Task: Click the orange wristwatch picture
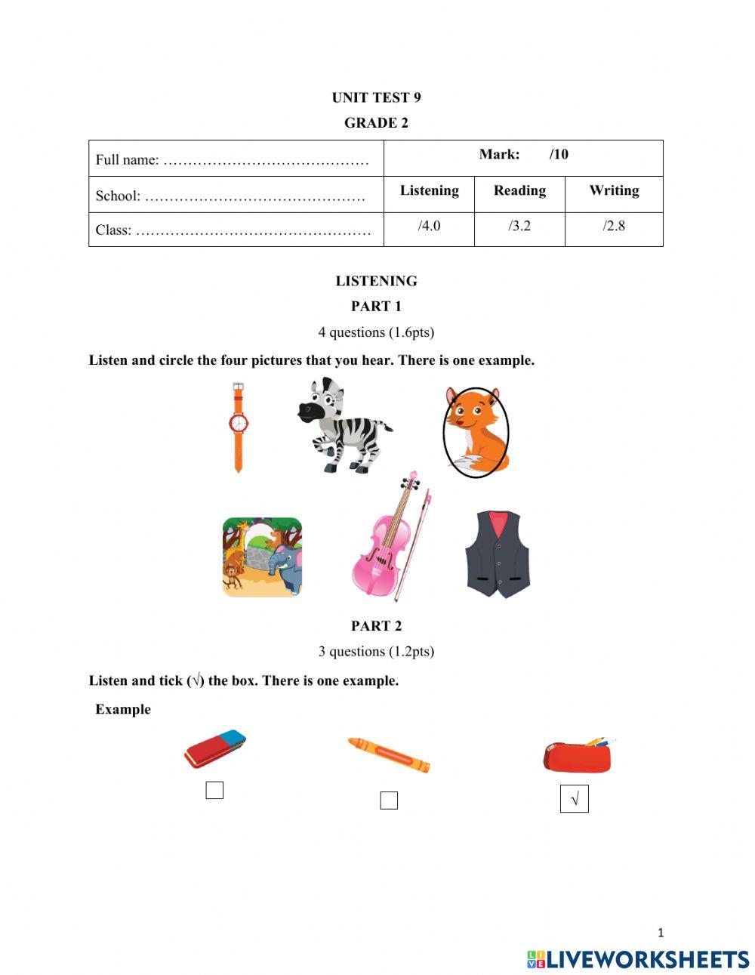pos(239,427)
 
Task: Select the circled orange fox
pos(476,432)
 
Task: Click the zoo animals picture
pos(262,557)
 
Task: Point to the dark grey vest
pos(498,554)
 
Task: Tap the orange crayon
pos(388,754)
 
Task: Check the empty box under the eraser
pos(214,791)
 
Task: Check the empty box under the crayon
pos(389,801)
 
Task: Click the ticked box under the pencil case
pos(575,799)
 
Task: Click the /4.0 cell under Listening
pos(429,226)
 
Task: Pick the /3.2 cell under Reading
pos(519,226)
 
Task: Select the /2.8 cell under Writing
pos(614,226)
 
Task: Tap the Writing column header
pos(614,190)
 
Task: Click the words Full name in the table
pos(127,160)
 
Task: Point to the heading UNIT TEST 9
pos(376,97)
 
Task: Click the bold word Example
pos(123,709)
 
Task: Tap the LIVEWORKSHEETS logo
pos(638,959)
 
